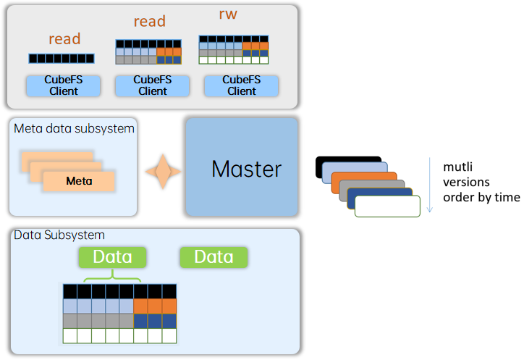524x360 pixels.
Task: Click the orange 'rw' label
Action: click(x=228, y=14)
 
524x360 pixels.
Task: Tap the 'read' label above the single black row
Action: click(x=64, y=39)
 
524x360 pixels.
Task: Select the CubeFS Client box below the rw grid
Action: click(x=241, y=85)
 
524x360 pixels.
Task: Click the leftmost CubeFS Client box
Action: click(x=64, y=85)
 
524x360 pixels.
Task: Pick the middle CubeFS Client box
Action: click(x=153, y=85)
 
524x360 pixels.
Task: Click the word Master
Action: click(x=247, y=169)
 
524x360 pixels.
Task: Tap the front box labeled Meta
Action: click(x=79, y=181)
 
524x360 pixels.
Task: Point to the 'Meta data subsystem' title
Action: click(x=74, y=128)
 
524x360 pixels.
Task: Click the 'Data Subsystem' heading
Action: click(x=59, y=235)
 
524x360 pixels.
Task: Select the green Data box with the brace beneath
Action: click(x=112, y=257)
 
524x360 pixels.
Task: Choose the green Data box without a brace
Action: click(x=214, y=257)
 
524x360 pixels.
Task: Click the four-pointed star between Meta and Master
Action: click(x=163, y=172)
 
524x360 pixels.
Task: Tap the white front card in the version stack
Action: click(x=387, y=206)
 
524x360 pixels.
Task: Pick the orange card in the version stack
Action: click(x=364, y=177)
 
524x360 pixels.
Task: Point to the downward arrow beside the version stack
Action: click(x=430, y=185)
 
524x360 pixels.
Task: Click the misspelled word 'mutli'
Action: click(x=457, y=167)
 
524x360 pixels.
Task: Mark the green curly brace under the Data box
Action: click(x=112, y=277)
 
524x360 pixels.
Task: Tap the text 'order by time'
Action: click(x=481, y=198)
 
